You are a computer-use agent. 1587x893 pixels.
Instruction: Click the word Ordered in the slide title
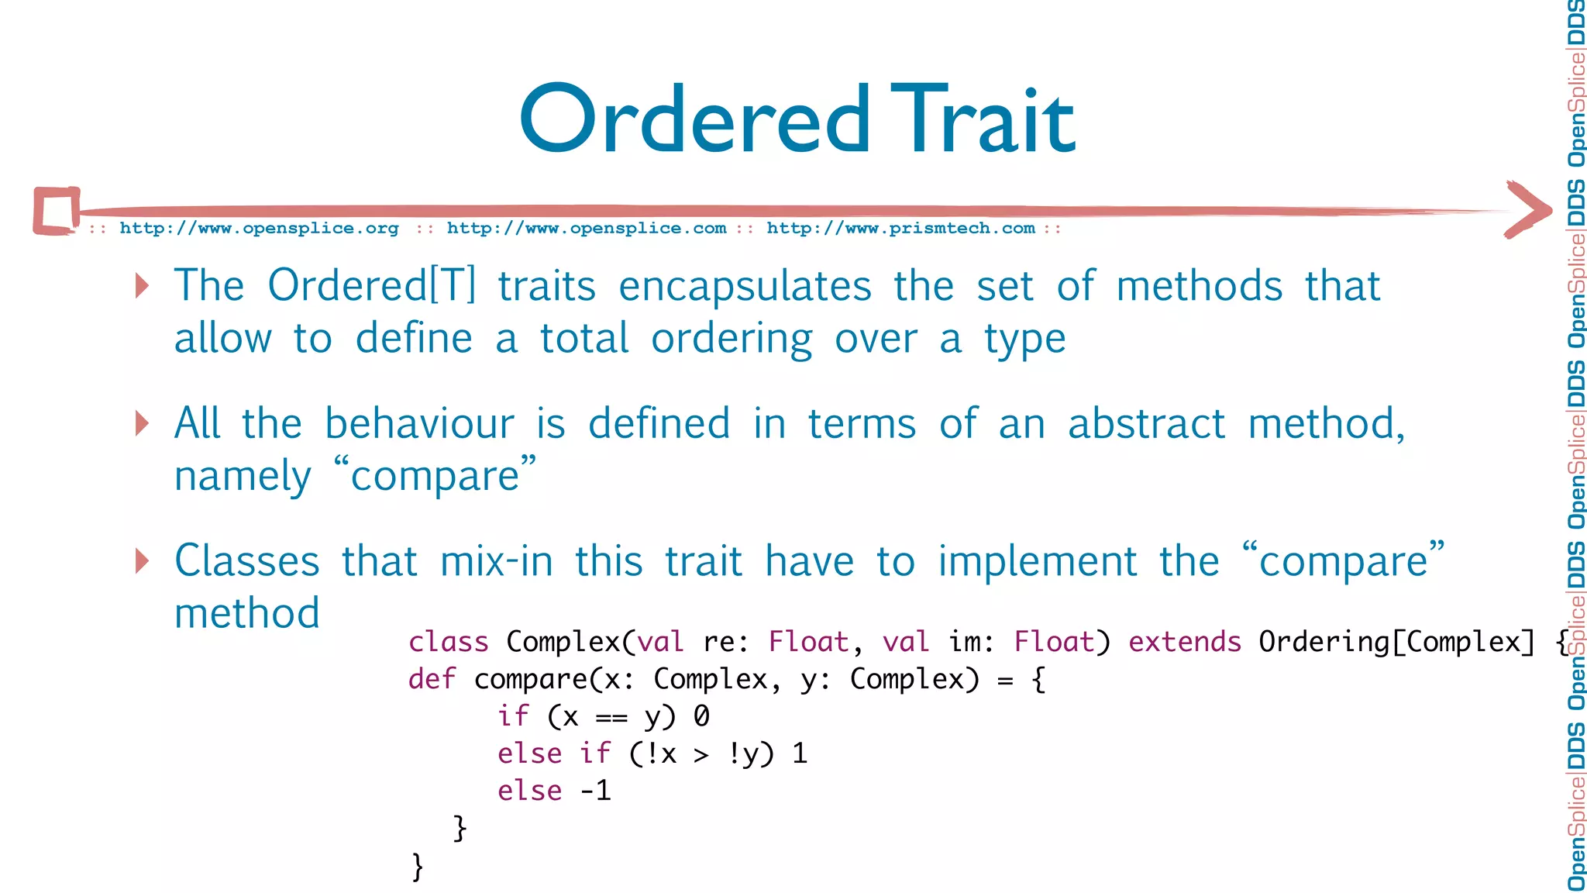(695, 119)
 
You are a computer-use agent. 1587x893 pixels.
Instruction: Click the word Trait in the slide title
(983, 119)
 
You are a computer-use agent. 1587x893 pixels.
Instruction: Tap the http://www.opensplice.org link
(259, 228)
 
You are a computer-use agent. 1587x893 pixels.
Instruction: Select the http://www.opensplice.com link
(587, 228)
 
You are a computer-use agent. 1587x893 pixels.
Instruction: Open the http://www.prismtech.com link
(900, 228)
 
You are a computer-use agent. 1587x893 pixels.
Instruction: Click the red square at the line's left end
(57, 210)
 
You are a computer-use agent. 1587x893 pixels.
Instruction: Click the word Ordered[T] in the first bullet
(372, 285)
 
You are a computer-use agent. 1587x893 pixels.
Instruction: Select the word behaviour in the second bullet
(419, 423)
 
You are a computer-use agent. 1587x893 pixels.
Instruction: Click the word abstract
(1146, 424)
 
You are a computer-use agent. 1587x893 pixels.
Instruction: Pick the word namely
(243, 476)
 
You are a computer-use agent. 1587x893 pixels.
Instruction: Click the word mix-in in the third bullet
(496, 560)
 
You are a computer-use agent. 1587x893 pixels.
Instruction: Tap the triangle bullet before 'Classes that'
(142, 560)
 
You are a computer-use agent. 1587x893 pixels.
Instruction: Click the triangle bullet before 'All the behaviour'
(142, 423)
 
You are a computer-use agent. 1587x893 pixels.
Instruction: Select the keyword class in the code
(448, 642)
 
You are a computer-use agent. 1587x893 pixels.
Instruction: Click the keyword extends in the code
(1184, 642)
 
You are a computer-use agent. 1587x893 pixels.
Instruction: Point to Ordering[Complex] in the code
(1396, 642)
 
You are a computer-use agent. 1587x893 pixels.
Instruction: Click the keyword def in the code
(432, 679)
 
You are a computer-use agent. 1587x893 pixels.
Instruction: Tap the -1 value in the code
(596, 791)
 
